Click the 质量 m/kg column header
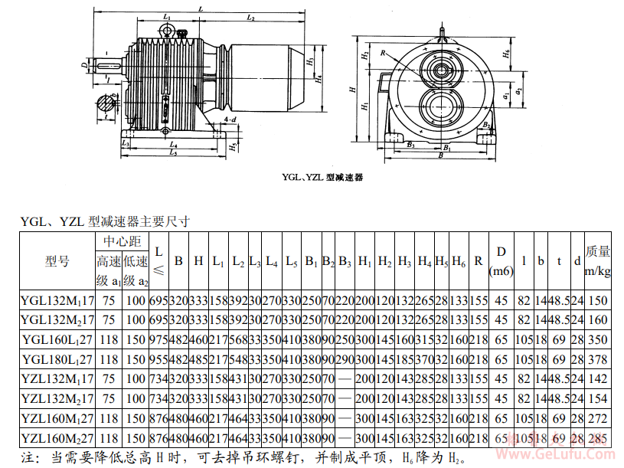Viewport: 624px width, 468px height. point(597,261)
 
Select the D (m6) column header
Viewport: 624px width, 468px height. point(501,261)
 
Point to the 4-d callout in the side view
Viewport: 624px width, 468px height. point(230,120)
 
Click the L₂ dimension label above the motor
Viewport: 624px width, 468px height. point(250,15)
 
